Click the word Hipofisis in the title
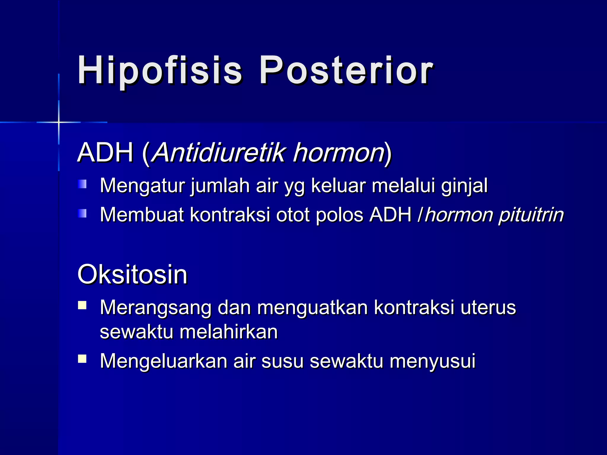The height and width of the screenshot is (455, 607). click(160, 71)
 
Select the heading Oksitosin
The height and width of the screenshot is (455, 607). click(132, 275)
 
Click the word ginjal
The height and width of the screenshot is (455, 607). click(464, 186)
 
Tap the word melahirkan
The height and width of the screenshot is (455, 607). click(229, 331)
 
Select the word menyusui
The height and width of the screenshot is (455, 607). click(432, 361)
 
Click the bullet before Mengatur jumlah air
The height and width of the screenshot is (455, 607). click(82, 184)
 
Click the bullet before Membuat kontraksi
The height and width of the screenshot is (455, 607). click(82, 213)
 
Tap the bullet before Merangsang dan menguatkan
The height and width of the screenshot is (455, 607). click(82, 305)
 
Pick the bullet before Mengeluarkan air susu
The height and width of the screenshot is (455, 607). click(82, 359)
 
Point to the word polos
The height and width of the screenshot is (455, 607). click(339, 214)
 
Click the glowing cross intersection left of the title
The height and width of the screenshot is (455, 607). click(59, 122)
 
